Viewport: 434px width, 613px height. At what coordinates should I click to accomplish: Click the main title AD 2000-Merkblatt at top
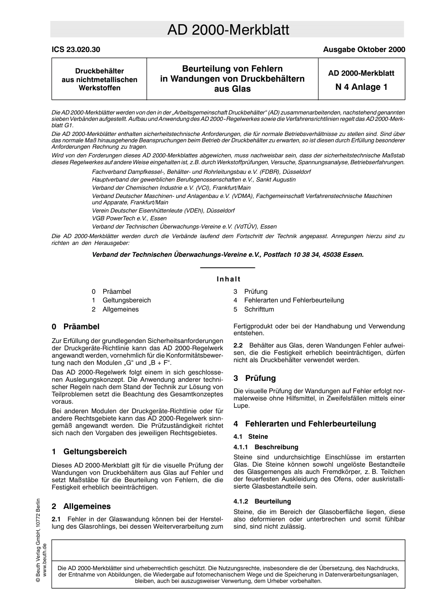228,30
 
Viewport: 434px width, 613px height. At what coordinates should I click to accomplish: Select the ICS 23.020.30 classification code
76,50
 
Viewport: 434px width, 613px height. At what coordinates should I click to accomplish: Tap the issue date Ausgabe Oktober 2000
364,50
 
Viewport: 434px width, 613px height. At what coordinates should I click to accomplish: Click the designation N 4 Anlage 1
361,87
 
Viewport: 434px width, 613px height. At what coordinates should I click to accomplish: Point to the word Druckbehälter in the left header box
99,71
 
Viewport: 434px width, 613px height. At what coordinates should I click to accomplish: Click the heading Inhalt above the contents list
228,279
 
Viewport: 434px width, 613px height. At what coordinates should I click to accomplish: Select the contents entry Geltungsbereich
127,300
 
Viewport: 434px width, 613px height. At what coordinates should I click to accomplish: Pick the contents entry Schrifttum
259,309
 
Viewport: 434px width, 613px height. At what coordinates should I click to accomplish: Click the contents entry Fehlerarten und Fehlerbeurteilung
294,300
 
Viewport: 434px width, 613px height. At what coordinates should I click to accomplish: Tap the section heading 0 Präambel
75,327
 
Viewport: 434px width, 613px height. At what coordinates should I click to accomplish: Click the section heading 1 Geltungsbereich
89,452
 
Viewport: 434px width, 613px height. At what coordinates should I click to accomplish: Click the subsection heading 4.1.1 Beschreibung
265,447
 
